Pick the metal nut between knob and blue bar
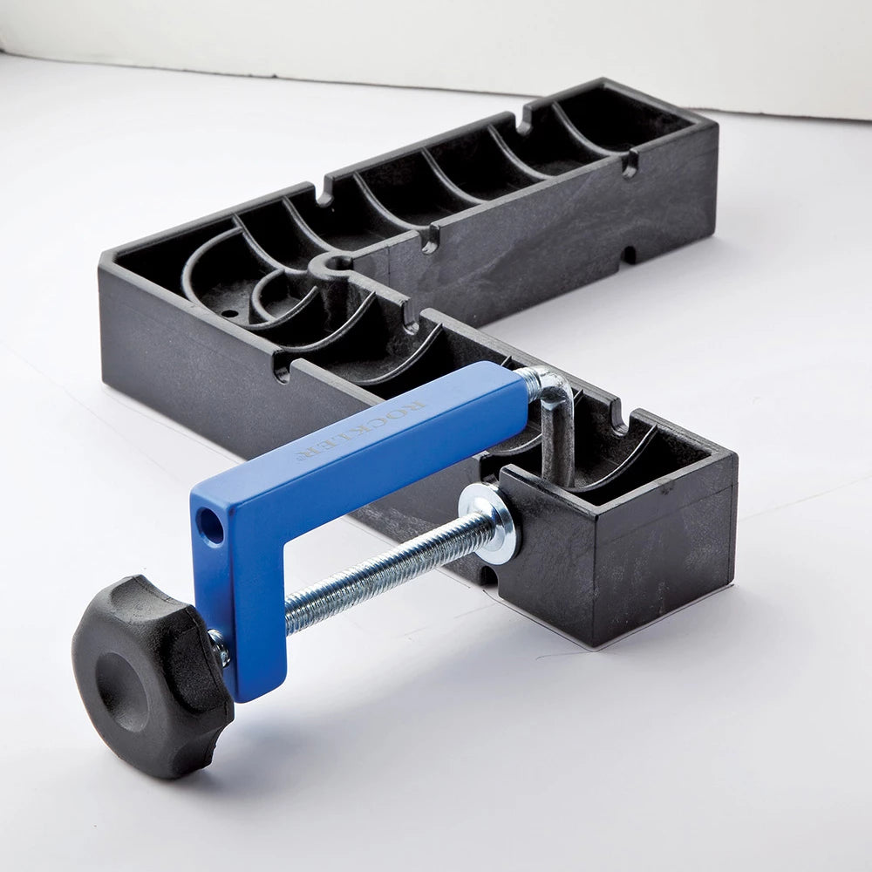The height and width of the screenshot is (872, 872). [x=220, y=647]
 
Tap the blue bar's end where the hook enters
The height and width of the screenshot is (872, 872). [x=521, y=384]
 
